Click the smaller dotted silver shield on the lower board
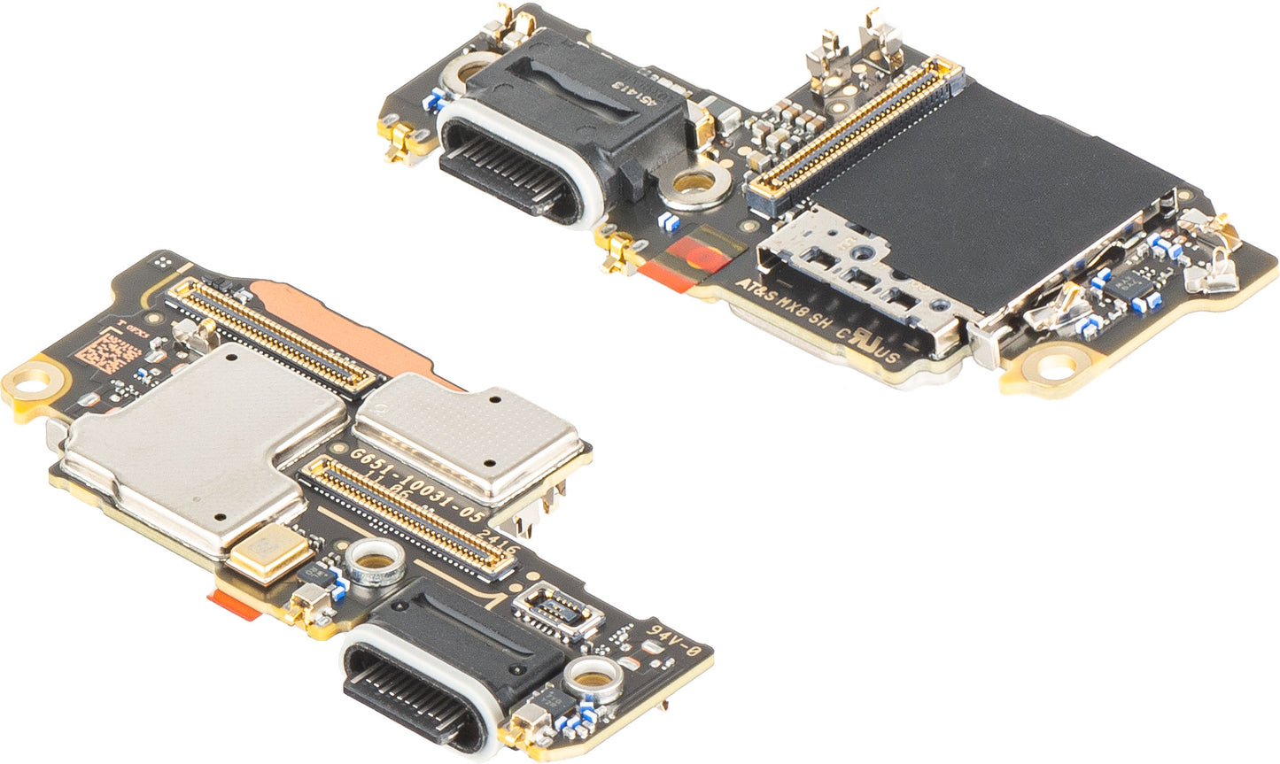click(x=469, y=434)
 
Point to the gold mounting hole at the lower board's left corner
click(x=34, y=383)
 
